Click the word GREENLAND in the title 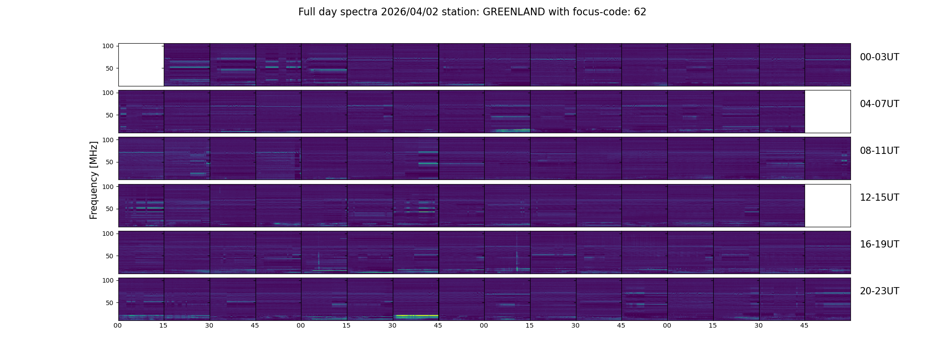tap(513, 12)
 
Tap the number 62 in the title tap(640, 12)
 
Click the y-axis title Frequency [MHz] tap(94, 180)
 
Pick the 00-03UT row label tap(879, 57)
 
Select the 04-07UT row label tap(879, 104)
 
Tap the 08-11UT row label tap(879, 151)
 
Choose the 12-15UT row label tap(879, 198)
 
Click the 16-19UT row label tap(879, 244)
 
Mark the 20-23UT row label tap(879, 291)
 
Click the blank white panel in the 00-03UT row tap(141, 65)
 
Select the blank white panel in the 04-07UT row tap(828, 112)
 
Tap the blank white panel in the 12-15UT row tap(828, 205)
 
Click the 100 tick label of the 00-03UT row tap(108, 46)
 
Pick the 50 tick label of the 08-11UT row tap(109, 162)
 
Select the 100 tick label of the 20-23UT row tap(108, 280)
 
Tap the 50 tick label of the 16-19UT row tap(109, 256)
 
